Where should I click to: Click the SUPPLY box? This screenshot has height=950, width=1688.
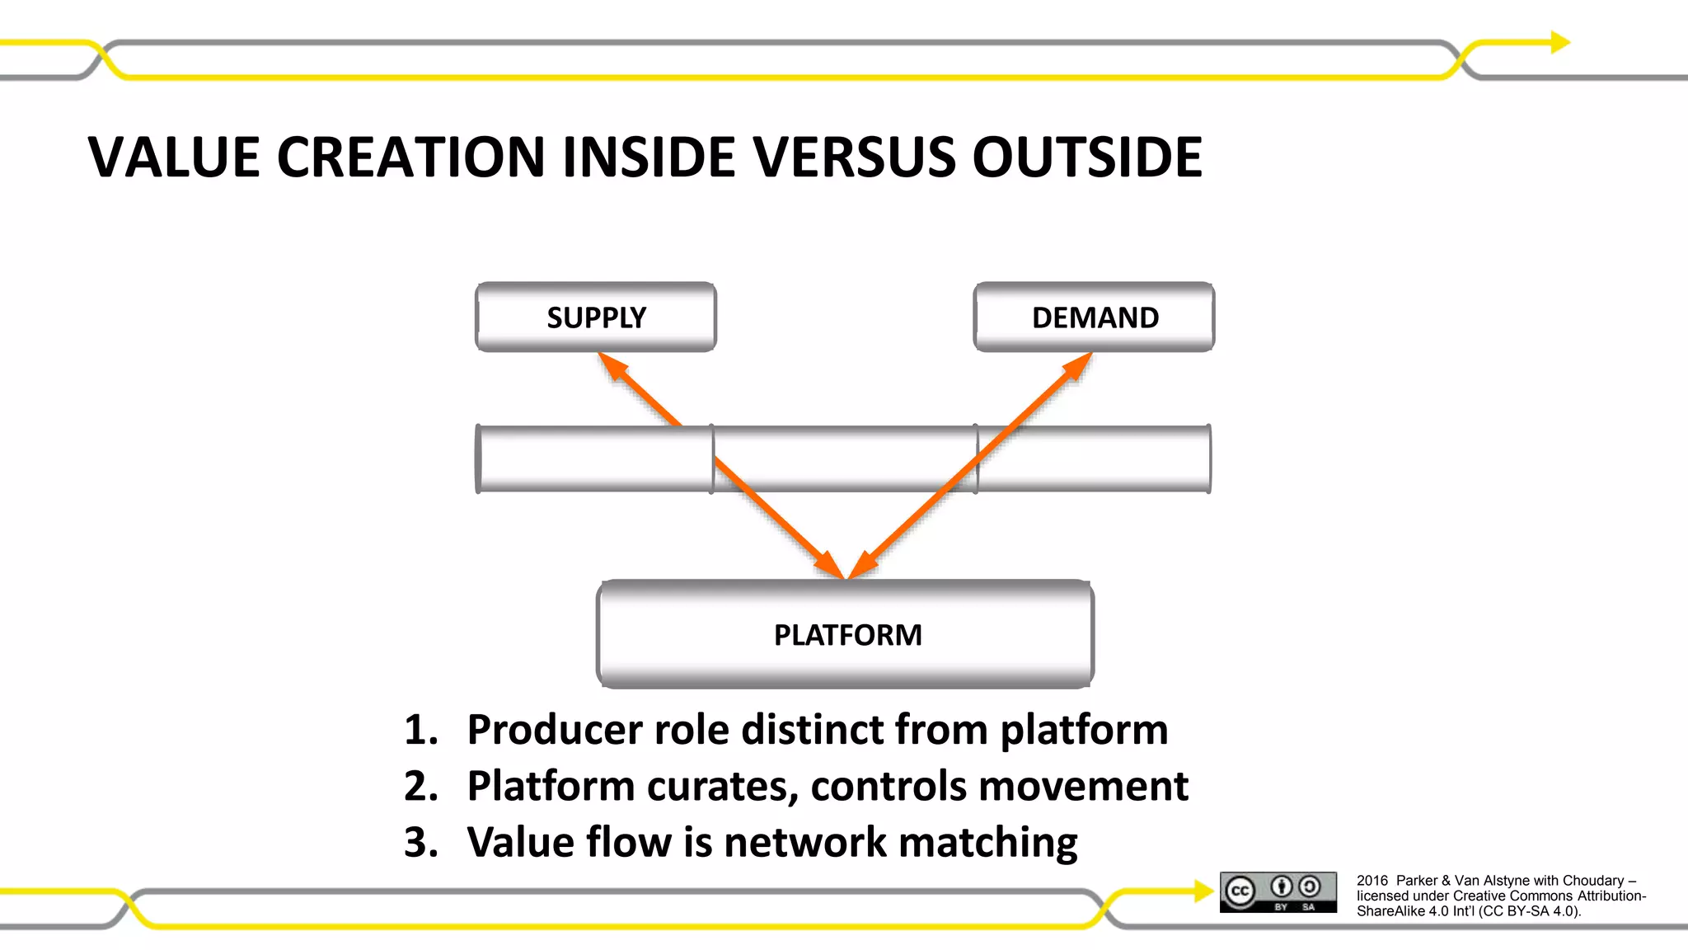pos(596,317)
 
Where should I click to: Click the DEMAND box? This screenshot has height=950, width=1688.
pos(1094,317)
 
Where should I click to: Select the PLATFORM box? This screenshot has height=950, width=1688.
pos(846,634)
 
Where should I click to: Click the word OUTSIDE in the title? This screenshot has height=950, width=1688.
pos(1087,157)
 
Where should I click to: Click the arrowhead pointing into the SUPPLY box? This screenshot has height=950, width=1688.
pos(612,365)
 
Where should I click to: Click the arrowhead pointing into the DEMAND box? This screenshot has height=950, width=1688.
pos(1077,365)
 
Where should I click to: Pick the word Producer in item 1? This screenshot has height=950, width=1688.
pos(555,731)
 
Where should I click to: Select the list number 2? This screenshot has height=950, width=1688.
pos(420,787)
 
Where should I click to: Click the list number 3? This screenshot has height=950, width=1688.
pos(420,843)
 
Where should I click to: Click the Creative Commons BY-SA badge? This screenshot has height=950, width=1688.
pos(1278,891)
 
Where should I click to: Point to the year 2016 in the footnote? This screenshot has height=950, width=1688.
pos(1372,881)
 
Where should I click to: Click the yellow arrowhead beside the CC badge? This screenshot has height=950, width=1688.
pos(1203,891)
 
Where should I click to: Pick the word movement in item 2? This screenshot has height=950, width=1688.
pos(1104,787)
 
